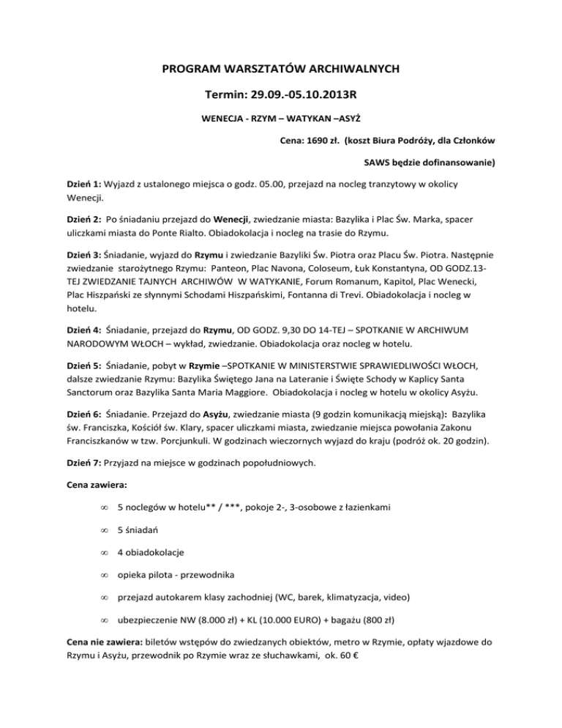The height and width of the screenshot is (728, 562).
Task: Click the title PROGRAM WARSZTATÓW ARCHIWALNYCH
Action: click(x=281, y=70)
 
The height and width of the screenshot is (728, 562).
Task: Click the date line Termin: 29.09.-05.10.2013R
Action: click(x=281, y=96)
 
